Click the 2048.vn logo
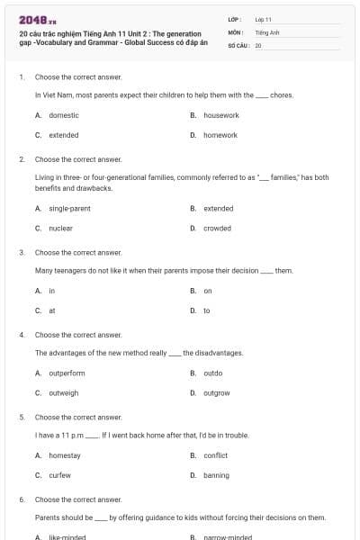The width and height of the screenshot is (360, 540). point(37,20)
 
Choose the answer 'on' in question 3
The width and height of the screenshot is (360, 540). point(208,291)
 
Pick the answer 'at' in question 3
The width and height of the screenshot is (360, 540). point(52,310)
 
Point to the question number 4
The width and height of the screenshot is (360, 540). point(22,335)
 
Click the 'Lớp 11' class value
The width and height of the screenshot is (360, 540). point(263,19)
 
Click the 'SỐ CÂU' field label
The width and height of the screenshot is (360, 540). point(239,44)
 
